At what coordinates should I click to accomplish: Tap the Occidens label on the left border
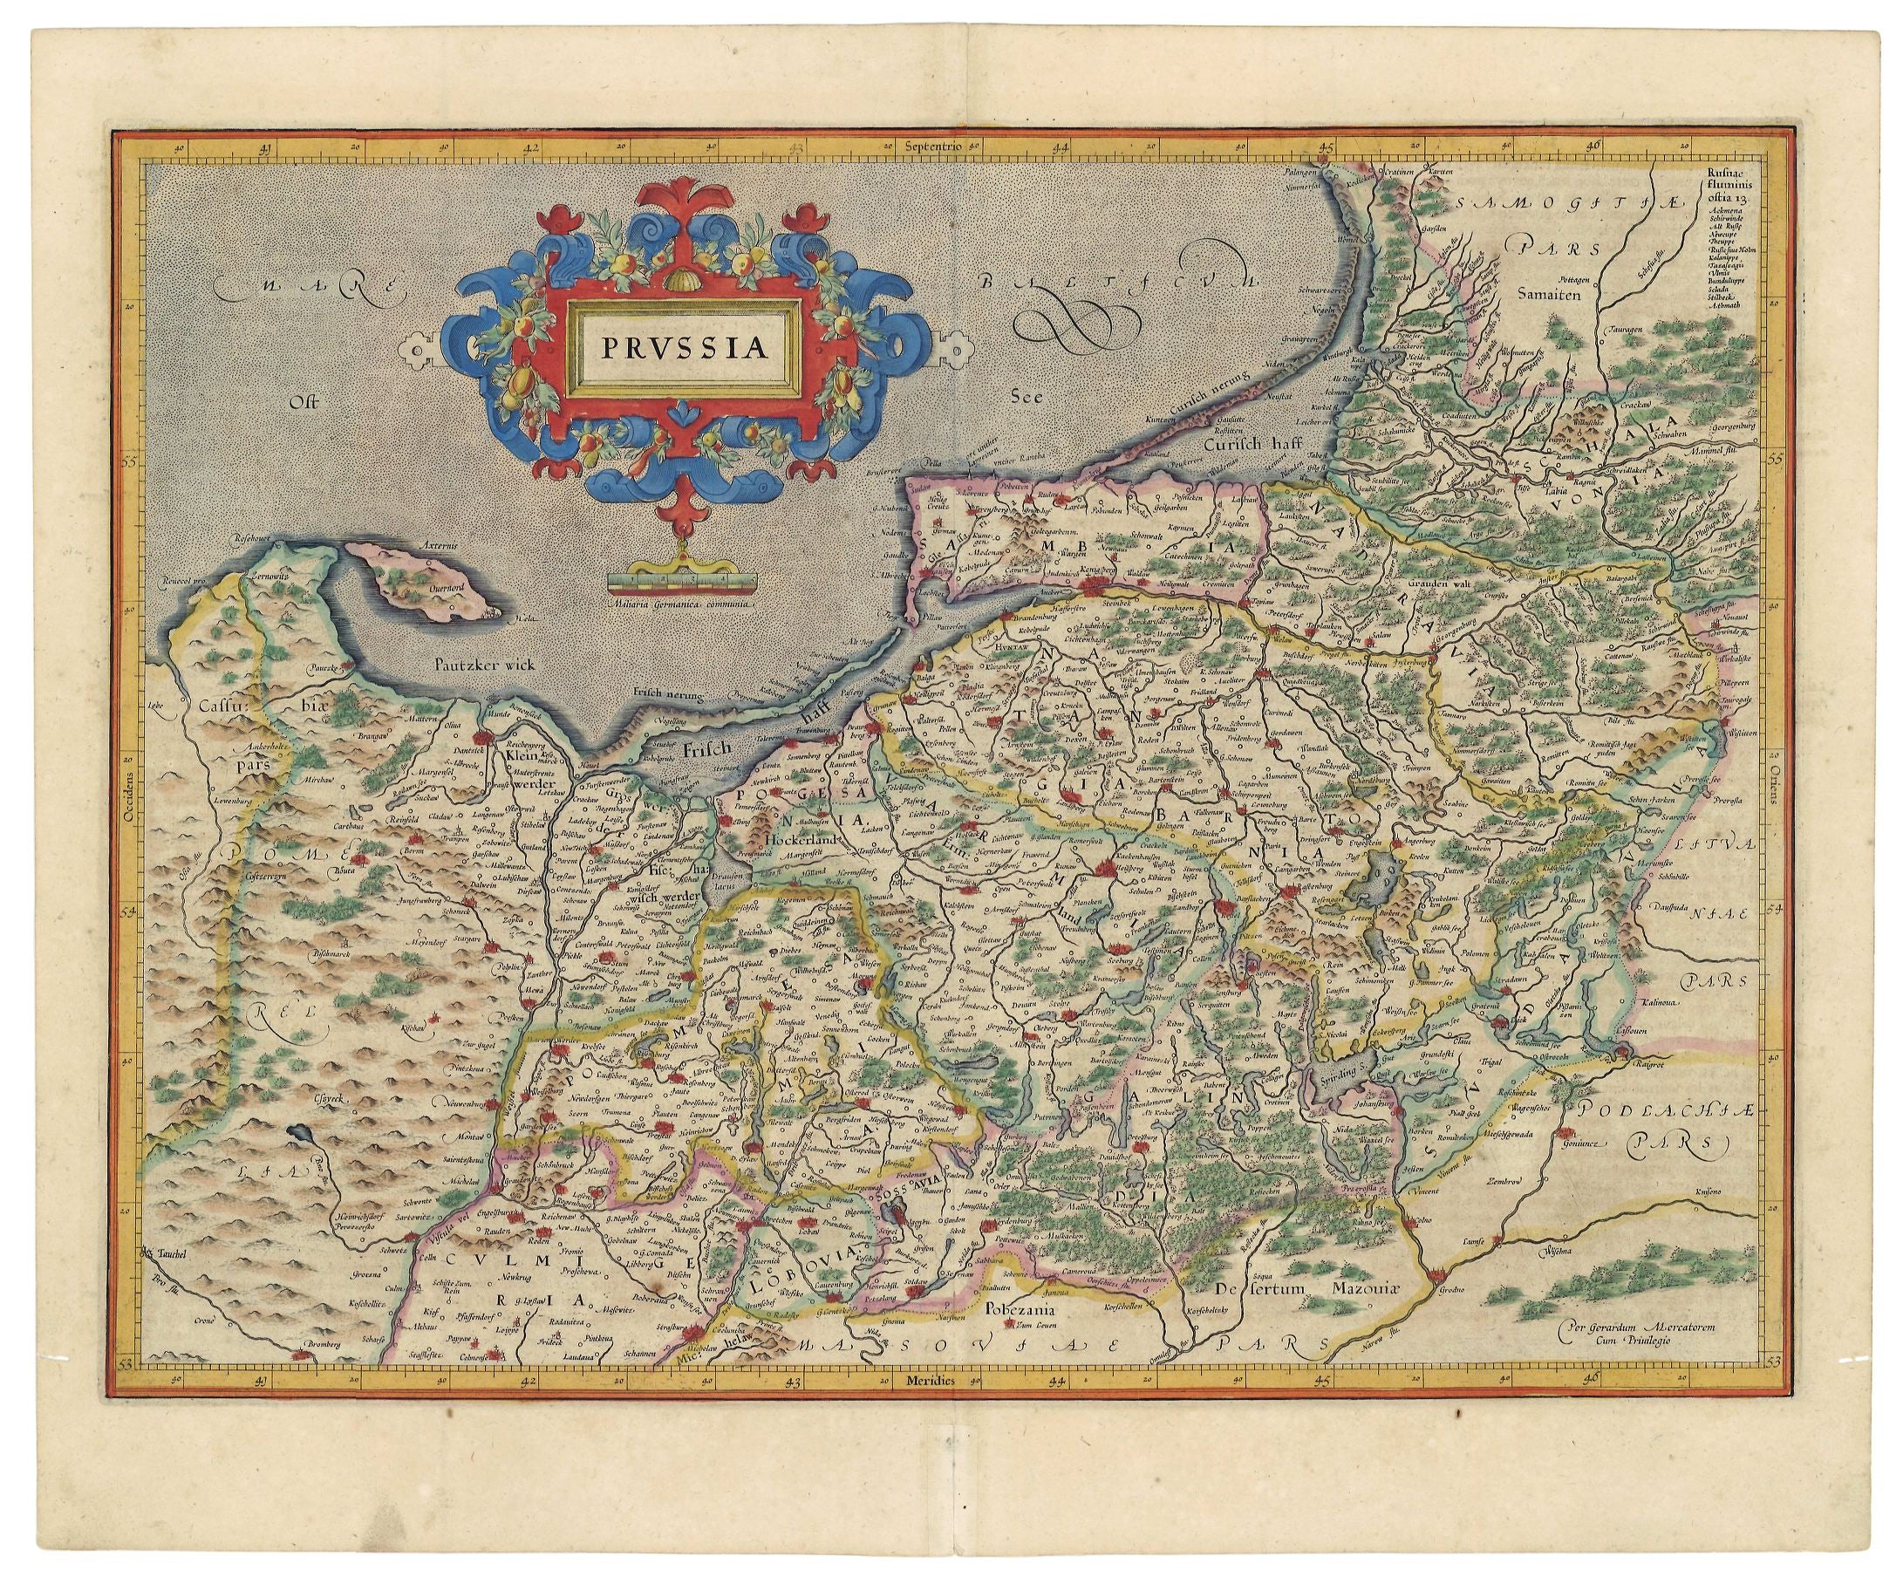[x=126, y=795]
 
